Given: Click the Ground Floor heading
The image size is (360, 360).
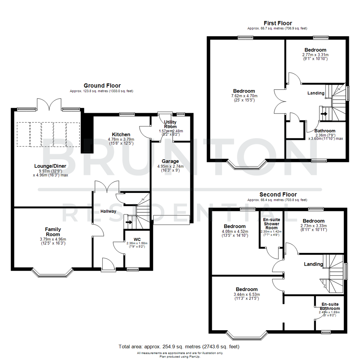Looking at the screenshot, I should point(102,86).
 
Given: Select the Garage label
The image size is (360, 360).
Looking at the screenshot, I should point(171,161).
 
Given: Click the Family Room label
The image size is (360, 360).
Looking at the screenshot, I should point(52,231).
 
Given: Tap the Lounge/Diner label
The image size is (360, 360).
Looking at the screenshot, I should point(50,166).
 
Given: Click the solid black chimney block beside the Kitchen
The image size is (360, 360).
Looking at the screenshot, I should point(87,132).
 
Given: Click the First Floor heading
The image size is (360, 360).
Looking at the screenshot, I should point(278,23).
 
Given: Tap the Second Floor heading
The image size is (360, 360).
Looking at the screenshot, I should point(278,194).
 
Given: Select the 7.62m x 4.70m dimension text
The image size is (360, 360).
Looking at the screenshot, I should point(244,96).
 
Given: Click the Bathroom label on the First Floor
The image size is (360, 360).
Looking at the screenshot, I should point(325,131).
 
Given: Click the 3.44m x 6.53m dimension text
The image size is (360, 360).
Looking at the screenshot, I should point(247,294).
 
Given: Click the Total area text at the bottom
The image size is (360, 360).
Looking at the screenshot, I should point(179,347).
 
